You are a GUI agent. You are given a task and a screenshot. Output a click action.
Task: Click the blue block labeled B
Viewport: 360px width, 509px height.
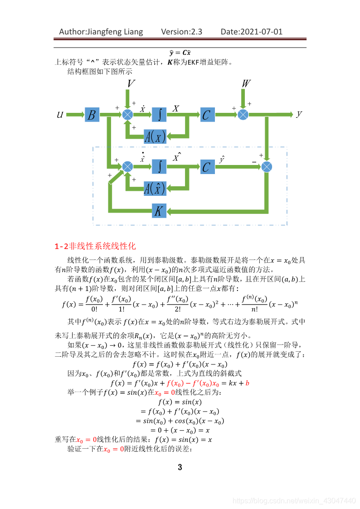92,115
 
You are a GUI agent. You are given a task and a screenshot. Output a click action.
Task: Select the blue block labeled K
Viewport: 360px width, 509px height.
159,211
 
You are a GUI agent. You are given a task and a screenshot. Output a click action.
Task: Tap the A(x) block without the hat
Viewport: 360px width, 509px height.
155,136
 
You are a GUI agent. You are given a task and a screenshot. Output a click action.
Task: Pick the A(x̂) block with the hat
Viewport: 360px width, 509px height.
155,188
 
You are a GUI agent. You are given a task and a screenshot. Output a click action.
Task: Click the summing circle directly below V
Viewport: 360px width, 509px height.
128,115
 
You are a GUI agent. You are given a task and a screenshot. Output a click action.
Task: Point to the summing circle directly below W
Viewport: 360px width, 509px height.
243,115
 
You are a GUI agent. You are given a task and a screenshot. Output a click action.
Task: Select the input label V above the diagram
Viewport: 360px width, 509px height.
131,84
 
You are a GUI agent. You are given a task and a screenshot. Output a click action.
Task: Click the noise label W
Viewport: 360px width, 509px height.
246,84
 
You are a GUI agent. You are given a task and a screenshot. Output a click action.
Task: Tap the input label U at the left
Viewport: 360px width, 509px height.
60,115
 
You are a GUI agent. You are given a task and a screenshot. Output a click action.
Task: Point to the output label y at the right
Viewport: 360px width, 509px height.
299,114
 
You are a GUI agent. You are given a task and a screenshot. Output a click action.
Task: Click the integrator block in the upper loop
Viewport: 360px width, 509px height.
159,115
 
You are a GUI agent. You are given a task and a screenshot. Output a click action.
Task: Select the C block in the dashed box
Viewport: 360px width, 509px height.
207,167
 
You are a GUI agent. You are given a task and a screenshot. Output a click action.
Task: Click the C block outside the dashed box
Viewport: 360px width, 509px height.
207,115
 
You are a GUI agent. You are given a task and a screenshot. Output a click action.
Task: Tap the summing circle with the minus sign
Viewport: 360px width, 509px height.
267,167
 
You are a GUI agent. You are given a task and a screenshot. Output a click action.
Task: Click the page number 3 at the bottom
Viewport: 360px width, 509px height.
180,467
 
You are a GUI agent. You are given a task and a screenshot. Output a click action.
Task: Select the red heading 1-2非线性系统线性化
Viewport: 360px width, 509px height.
95,246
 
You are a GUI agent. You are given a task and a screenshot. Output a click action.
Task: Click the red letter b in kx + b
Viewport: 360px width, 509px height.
248,383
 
